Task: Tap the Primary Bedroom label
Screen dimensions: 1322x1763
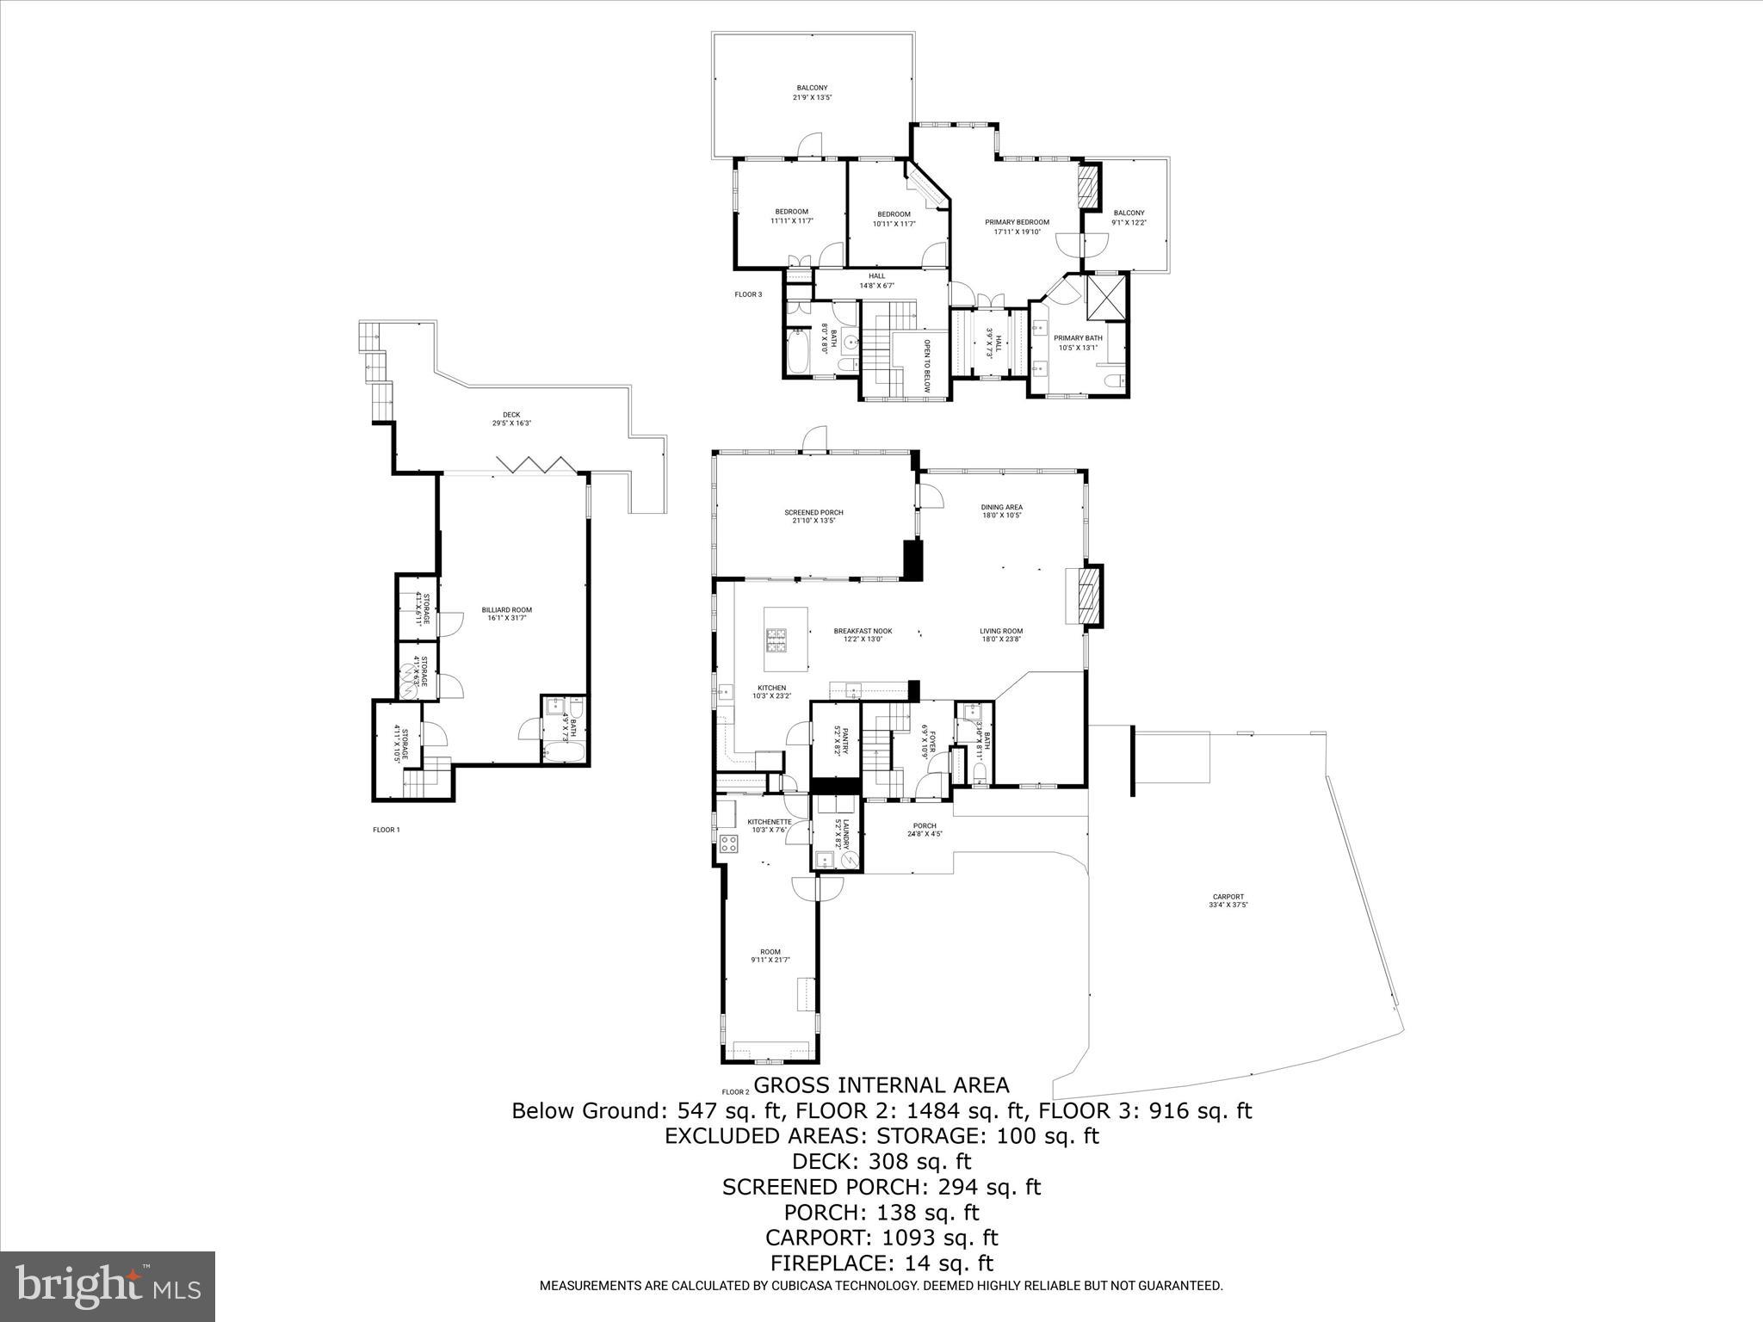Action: click(1017, 226)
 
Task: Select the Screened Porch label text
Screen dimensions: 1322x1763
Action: click(813, 516)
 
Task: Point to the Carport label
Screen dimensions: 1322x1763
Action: click(1228, 900)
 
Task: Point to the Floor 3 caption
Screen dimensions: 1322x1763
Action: click(748, 294)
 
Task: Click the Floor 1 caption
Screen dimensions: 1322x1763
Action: click(386, 830)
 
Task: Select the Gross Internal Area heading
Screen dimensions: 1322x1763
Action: click(881, 1084)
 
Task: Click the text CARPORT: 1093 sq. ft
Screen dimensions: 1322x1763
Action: click(881, 1238)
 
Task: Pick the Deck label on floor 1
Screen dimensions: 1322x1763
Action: click(511, 418)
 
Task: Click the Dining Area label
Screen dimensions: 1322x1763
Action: click(1001, 511)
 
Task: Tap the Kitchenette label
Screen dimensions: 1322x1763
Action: click(769, 825)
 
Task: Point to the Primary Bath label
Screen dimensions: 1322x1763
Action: click(1078, 343)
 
